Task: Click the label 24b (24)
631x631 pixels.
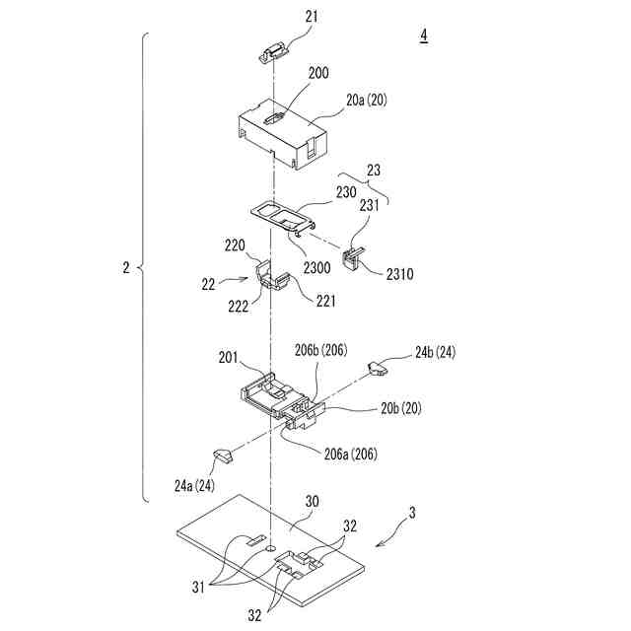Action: pos(436,351)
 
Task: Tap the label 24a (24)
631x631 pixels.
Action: pos(193,484)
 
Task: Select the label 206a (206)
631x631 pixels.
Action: pos(346,455)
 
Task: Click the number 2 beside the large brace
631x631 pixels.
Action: pos(125,267)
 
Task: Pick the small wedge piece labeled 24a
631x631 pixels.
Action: pos(223,456)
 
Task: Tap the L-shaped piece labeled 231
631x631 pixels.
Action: pos(351,256)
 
